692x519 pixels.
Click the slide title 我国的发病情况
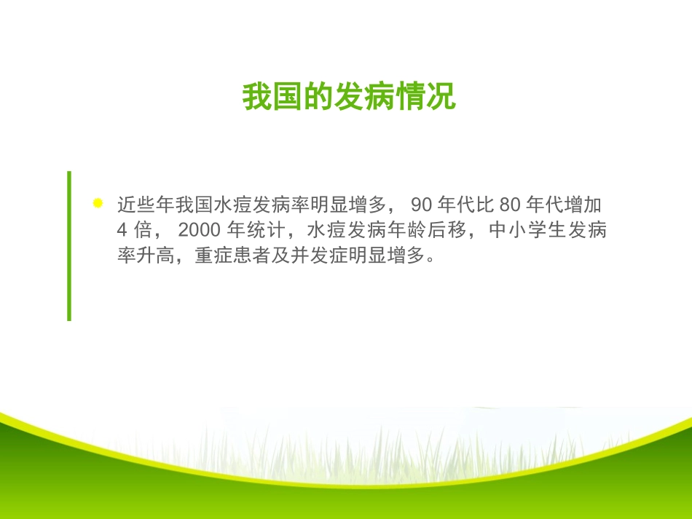(x=349, y=97)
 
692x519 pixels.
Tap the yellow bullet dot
(x=98, y=204)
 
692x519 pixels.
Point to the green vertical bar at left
(x=69, y=245)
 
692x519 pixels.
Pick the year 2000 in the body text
(x=198, y=231)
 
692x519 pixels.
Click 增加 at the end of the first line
(x=589, y=205)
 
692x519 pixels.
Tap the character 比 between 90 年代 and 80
(x=486, y=205)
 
